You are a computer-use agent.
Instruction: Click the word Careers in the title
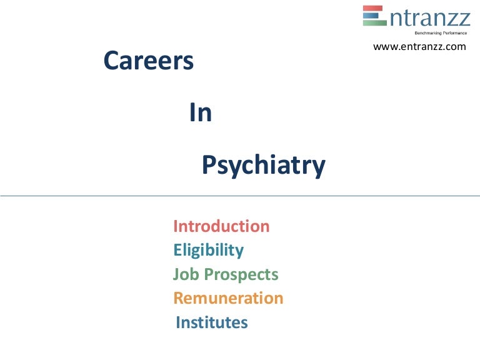[148, 61]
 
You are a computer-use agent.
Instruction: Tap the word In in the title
[200, 113]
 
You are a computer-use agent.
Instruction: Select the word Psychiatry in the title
[263, 166]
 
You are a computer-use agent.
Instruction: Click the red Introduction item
[221, 226]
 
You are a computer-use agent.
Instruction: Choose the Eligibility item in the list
[208, 250]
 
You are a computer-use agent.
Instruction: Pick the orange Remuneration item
[228, 298]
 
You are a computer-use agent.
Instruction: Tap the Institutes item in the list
[212, 322]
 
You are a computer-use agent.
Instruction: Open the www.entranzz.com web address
[419, 46]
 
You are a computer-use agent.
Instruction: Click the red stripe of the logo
[374, 9]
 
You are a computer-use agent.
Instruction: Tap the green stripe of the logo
[374, 22]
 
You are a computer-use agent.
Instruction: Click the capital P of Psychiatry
[208, 165]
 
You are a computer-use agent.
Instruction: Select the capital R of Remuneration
[179, 298]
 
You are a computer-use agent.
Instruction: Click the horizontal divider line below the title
[240, 196]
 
